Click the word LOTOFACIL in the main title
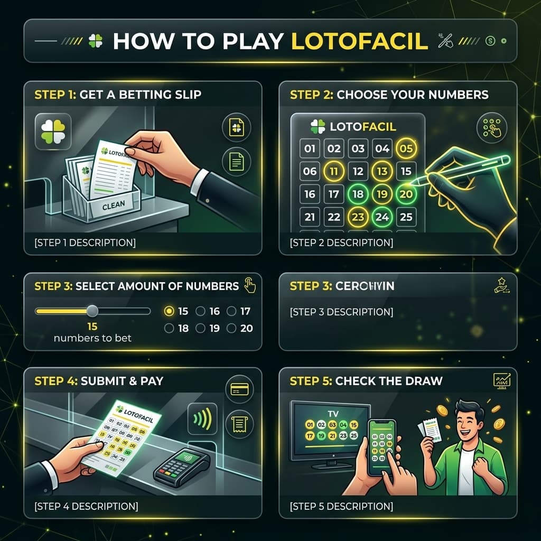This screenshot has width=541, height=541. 359,42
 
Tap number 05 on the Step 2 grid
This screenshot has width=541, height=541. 406,148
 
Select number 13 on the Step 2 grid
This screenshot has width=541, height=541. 382,171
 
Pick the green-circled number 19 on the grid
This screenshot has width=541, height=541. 382,194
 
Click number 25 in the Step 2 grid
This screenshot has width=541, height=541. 406,217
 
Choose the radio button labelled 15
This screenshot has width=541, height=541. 169,311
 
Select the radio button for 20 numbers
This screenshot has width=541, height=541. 231,328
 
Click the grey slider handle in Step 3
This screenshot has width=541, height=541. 92,311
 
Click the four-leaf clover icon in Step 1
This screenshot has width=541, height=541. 53,130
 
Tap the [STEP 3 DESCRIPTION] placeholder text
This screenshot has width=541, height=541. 341,312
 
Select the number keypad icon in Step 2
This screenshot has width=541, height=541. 492,129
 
